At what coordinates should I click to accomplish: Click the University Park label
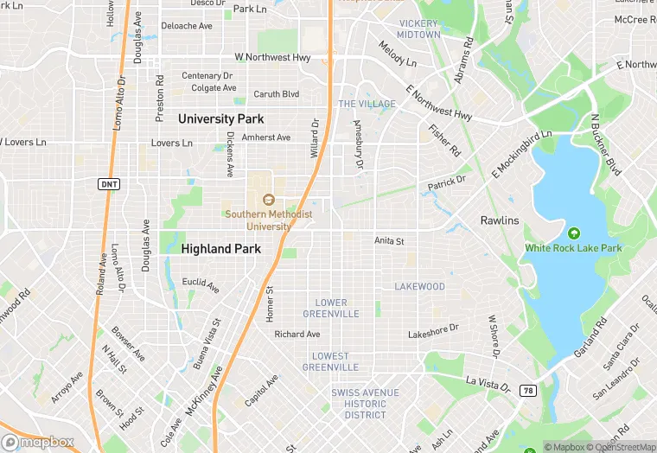point(221,118)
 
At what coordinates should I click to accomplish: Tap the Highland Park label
point(221,248)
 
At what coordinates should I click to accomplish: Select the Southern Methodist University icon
point(268,200)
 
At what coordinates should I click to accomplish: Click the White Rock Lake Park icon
point(573,233)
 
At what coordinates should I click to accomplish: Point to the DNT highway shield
point(109,184)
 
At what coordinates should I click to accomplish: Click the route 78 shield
point(527,391)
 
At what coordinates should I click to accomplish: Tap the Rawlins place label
point(500,220)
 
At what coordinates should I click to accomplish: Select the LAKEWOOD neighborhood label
point(419,286)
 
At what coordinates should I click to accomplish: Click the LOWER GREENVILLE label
point(331,309)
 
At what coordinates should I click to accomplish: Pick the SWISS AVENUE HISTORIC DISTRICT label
point(359,404)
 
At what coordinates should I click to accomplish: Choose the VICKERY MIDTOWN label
point(418,28)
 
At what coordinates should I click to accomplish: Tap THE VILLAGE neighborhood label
point(367,104)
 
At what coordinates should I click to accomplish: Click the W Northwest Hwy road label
point(272,57)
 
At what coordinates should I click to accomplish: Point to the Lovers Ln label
point(171,143)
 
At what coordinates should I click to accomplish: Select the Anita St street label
point(389,241)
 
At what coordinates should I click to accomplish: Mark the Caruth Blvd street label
point(276,94)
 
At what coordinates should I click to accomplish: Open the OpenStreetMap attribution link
point(622,447)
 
